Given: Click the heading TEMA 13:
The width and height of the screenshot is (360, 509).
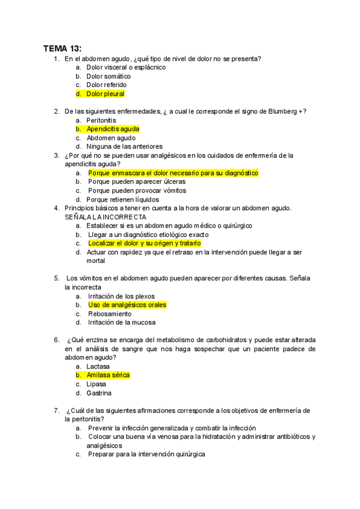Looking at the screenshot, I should (x=62, y=48).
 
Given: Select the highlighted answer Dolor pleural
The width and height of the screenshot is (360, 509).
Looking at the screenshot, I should (x=105, y=94).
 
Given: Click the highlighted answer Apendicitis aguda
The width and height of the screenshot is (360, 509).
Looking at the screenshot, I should (x=113, y=129).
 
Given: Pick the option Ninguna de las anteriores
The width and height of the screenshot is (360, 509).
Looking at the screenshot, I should (x=124, y=146).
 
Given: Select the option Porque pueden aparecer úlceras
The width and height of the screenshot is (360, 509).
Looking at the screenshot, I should (x=137, y=181).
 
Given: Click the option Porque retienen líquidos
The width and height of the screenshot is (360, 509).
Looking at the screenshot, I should (x=122, y=199).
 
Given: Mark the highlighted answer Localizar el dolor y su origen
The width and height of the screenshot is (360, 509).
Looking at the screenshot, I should (x=144, y=244).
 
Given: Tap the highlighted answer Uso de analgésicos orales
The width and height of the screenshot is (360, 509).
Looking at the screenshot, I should (x=127, y=305).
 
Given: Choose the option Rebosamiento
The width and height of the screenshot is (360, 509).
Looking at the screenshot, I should (x=109, y=314).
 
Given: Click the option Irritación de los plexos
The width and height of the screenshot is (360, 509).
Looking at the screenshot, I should (x=121, y=296).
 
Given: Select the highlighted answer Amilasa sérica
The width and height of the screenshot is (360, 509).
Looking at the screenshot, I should (x=108, y=375).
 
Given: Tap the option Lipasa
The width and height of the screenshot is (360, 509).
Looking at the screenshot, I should (x=96, y=384).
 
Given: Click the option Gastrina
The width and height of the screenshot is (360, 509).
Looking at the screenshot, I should (x=99, y=393).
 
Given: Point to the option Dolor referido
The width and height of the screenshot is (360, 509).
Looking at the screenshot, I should (x=106, y=85).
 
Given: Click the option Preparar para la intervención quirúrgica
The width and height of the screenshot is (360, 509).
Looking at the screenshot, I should (x=146, y=455).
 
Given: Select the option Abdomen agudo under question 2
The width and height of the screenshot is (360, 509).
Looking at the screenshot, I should (x=111, y=137).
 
